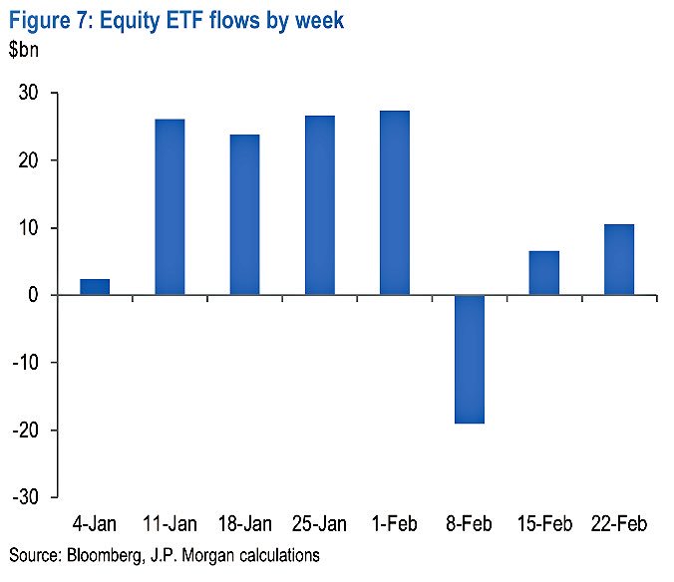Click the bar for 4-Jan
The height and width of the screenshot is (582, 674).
(95, 287)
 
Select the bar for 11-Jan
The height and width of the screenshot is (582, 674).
(169, 207)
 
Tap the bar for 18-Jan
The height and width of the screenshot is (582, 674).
(244, 215)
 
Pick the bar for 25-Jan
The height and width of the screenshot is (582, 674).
(320, 205)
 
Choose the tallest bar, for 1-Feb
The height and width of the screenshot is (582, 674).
(395, 203)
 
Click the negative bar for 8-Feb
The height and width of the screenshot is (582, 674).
(470, 359)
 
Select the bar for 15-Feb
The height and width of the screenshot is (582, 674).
(544, 273)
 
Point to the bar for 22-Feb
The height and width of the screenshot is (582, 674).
(619, 260)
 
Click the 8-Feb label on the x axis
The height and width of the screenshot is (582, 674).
(470, 523)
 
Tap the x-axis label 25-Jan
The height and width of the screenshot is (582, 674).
(320, 523)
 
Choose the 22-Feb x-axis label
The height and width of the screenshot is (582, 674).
(619, 523)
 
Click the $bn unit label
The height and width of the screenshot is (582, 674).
(29, 49)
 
